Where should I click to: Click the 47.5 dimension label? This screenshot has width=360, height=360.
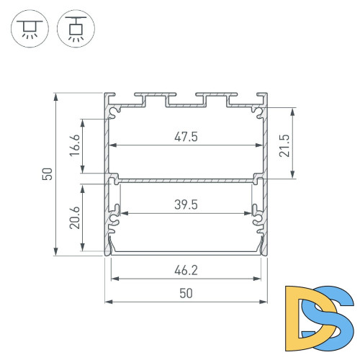pos(185,137)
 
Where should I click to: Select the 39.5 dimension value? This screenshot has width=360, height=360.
pos(185,205)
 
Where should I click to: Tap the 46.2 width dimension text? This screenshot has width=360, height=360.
pos(185,271)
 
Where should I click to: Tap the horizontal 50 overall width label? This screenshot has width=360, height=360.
pos(185,294)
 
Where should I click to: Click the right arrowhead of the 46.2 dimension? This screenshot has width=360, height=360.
pos(258,279)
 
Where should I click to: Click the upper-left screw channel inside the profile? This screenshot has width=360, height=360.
pos(115,112)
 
